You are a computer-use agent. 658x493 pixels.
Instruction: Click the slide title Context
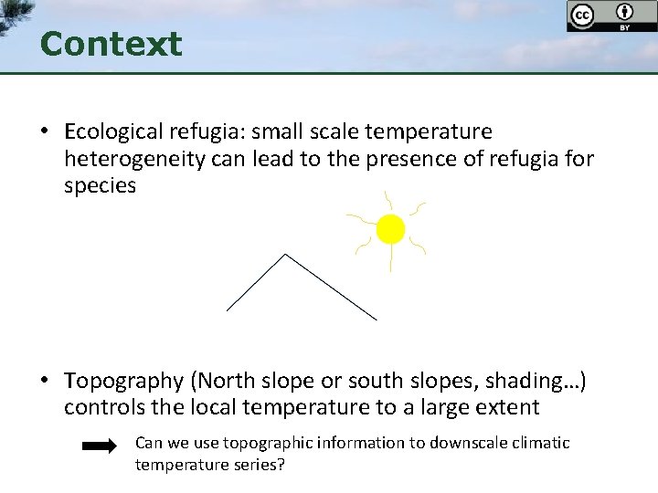click(111, 44)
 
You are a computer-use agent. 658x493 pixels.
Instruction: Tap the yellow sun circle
click(390, 229)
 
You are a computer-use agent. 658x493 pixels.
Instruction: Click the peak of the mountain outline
click(287, 255)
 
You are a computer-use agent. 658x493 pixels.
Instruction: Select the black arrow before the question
click(99, 446)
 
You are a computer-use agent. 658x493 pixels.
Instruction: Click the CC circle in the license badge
click(581, 15)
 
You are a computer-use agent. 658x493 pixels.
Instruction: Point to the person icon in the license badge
click(625, 13)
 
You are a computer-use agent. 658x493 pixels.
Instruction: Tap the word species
click(100, 186)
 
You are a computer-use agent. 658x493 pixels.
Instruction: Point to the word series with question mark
click(259, 465)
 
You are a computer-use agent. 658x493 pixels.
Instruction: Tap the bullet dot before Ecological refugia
click(44, 133)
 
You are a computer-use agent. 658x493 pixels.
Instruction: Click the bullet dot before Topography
click(44, 381)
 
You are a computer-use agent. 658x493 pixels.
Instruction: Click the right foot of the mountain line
click(376, 319)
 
